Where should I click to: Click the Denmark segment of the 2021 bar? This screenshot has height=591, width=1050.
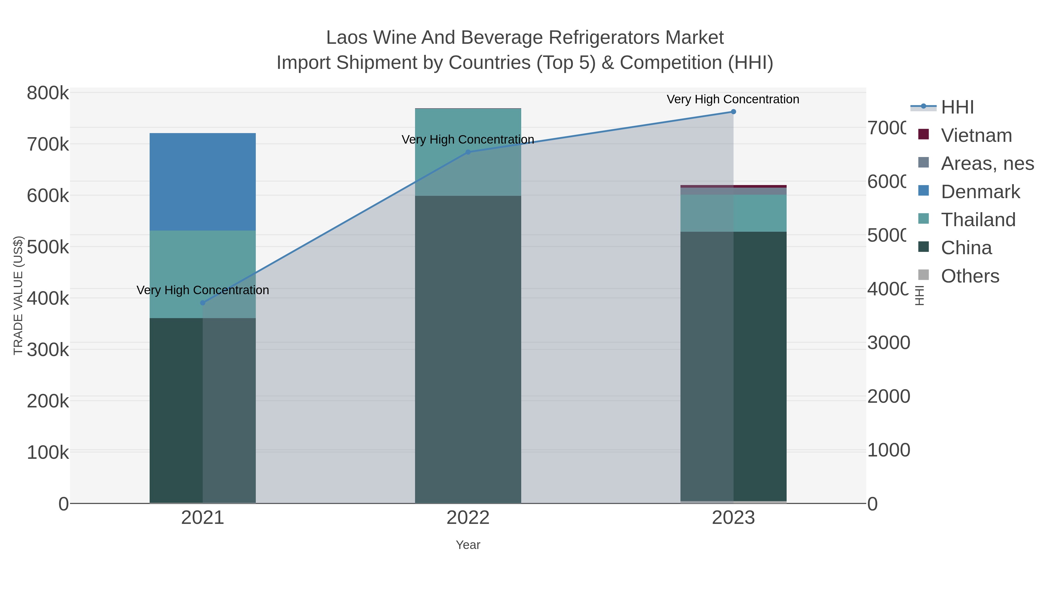(x=203, y=182)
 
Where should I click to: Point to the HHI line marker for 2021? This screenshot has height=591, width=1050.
(x=203, y=303)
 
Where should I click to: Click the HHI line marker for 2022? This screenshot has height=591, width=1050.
(x=468, y=152)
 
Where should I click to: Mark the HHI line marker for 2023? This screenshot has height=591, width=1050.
(x=733, y=112)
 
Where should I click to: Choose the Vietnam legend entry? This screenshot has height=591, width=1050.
(x=976, y=135)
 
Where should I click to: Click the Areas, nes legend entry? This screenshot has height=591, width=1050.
(x=987, y=163)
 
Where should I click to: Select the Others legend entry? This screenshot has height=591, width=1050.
(x=970, y=276)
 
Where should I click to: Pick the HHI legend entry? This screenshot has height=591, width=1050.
(x=957, y=107)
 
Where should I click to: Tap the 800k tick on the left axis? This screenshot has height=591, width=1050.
(x=48, y=93)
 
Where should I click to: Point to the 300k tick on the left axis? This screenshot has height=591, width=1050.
(x=48, y=350)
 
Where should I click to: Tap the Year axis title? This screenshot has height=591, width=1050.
(x=468, y=545)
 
